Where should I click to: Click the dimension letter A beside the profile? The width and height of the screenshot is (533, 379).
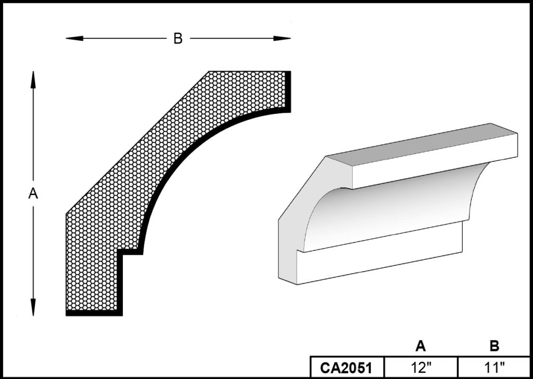click(x=33, y=194)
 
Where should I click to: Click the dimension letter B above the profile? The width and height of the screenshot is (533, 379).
click(x=178, y=38)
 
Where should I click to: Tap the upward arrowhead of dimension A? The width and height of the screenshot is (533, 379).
click(x=33, y=80)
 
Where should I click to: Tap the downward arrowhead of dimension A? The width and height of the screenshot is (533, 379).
click(x=33, y=307)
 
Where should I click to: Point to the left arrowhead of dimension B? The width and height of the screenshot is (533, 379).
click(x=74, y=38)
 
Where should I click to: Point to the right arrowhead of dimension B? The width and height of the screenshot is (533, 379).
click(x=282, y=38)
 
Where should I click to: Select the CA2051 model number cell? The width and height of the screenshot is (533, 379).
click(x=347, y=368)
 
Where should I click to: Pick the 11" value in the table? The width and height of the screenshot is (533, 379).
click(x=494, y=368)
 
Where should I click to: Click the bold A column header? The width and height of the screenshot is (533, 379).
click(x=421, y=346)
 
